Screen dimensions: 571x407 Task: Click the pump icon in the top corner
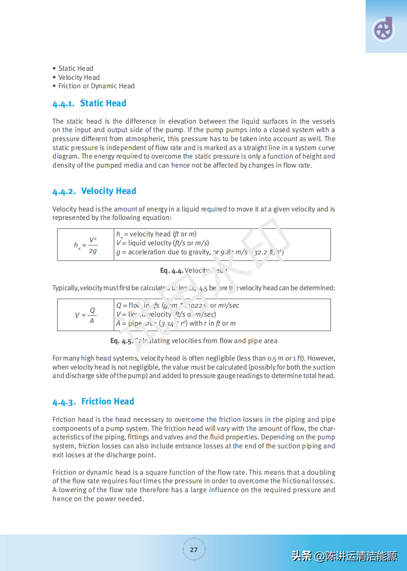tap(383, 29)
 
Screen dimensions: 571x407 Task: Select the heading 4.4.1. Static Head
tap(89, 103)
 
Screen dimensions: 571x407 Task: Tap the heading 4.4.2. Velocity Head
tap(94, 191)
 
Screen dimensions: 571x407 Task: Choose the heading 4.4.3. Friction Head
tap(93, 401)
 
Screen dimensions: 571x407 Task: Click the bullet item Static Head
tap(75, 68)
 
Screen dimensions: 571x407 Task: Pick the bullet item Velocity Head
tap(79, 77)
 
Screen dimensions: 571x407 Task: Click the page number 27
tap(194, 550)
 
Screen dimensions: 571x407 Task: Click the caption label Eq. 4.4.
tap(172, 271)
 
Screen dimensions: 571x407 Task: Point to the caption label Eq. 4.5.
tap(122, 341)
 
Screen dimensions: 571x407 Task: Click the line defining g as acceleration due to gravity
tap(200, 252)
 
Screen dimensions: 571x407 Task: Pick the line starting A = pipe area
tap(176, 323)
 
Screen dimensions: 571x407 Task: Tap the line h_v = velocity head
tap(156, 234)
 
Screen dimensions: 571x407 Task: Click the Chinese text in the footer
tap(344, 556)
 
